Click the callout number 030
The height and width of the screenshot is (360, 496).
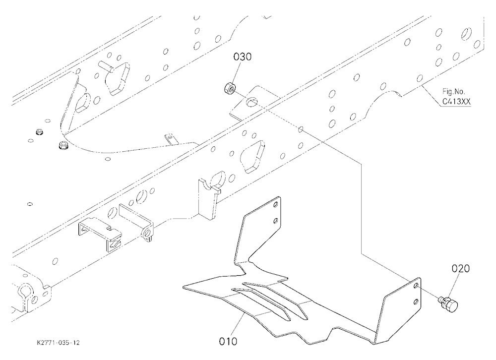pyautogui.click(x=243, y=57)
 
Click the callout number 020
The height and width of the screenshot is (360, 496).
pyautogui.click(x=460, y=269)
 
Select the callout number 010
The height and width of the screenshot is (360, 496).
pyautogui.click(x=228, y=342)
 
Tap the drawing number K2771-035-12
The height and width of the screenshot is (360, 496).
pyautogui.click(x=58, y=343)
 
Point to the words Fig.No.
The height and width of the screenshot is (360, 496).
pyautogui.click(x=454, y=92)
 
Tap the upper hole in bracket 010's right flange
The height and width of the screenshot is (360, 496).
pyautogui.click(x=417, y=286)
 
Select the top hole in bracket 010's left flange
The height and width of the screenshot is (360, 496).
pyautogui.click(x=276, y=205)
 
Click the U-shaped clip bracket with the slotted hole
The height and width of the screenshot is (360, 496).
pyautogui.click(x=100, y=234)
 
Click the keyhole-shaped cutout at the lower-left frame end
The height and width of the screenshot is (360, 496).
pyautogui.click(x=25, y=293)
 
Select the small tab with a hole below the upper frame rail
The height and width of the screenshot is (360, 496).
pyautogui.click(x=171, y=139)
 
